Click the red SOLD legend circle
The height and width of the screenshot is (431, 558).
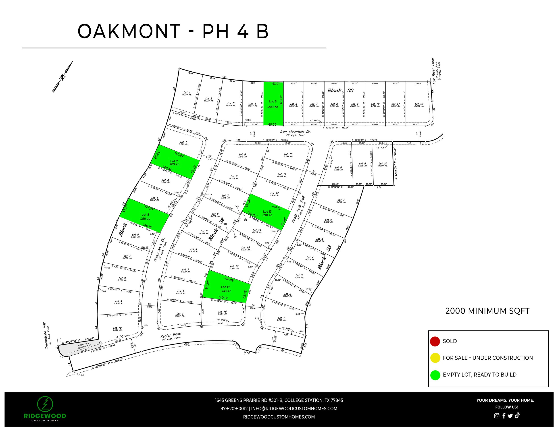pyautogui.click(x=435, y=341)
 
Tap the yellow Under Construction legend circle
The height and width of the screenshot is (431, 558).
pyautogui.click(x=435, y=358)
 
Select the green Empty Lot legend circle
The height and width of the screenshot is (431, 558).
pyautogui.click(x=435, y=375)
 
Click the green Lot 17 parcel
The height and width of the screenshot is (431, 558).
pyautogui.click(x=226, y=288)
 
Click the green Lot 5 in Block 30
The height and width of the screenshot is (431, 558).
pyautogui.click(x=273, y=104)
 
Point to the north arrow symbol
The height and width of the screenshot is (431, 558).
pyautogui.click(x=62, y=77)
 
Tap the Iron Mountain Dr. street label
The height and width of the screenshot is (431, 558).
pyautogui.click(x=295, y=132)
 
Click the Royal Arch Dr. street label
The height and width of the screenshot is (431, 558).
pyautogui.click(x=159, y=250)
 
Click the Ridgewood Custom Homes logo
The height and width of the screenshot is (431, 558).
pyautogui.click(x=45, y=408)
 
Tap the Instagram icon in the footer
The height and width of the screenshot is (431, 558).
pyautogui.click(x=496, y=416)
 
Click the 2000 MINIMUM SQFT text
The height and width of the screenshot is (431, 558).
pyautogui.click(x=487, y=311)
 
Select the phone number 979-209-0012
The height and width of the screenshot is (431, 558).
pyautogui.click(x=234, y=408)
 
